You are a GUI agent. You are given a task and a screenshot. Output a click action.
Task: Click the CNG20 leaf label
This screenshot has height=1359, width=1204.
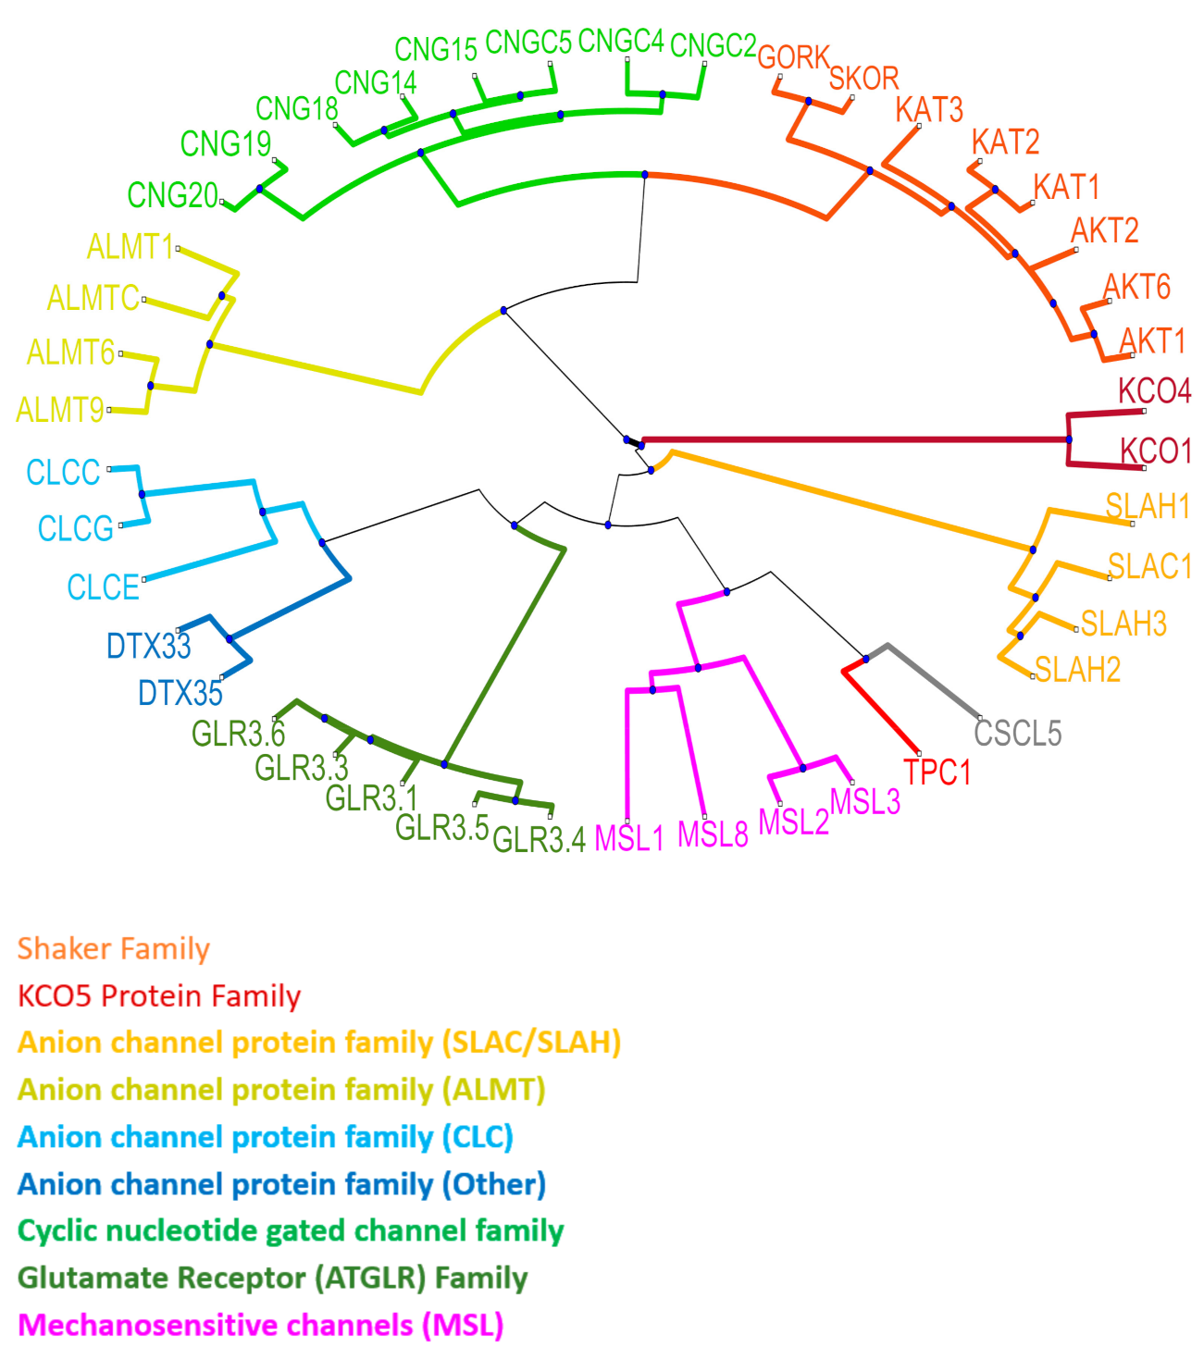173,195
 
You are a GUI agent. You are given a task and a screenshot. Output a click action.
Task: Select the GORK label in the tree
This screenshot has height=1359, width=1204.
793,57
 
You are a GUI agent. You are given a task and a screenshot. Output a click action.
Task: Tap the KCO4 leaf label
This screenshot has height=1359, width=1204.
1154,390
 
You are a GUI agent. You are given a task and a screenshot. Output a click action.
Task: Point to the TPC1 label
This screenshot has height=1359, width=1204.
937,772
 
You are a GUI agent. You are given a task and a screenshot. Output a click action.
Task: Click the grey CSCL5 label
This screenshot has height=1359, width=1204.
1017,734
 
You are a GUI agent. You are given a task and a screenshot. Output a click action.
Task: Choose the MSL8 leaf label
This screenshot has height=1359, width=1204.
713,834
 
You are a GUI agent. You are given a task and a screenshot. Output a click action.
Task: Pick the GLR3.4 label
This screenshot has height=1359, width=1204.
539,839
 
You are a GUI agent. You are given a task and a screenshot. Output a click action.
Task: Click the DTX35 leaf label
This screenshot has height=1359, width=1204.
180,692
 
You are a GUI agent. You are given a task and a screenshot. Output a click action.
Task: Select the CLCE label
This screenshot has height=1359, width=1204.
103,587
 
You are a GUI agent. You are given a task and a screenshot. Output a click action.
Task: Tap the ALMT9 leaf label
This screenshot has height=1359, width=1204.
60,409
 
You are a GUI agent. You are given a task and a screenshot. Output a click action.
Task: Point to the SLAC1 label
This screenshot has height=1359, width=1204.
1149,566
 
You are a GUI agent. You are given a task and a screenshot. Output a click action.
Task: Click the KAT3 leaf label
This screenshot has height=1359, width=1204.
929,110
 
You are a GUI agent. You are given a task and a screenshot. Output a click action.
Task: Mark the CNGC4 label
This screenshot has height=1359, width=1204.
621,42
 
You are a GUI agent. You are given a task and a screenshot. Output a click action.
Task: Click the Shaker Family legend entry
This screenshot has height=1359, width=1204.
114,949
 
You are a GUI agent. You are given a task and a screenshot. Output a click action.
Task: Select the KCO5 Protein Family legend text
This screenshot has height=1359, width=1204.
159,996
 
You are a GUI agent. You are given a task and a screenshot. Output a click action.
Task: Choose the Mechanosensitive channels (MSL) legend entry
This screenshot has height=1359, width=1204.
260,1326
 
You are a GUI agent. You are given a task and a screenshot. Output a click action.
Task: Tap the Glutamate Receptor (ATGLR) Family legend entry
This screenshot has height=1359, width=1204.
272,1279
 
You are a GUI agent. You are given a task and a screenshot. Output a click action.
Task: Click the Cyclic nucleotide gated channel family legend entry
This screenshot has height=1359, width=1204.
291,1231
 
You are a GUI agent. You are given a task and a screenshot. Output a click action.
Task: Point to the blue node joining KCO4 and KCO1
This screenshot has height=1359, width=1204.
1069,439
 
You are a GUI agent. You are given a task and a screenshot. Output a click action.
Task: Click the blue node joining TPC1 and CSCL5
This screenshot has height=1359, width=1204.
866,659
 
